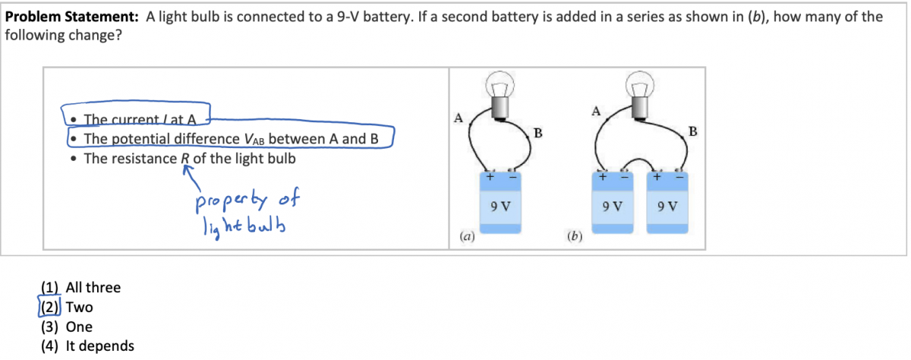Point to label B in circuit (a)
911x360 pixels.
[x=537, y=134]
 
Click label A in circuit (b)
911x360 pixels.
[x=595, y=112]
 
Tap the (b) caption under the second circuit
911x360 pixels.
[x=574, y=237]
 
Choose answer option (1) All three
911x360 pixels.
[x=80, y=287]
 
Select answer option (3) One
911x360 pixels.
[x=67, y=327]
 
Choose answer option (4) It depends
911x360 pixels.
[x=87, y=346]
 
